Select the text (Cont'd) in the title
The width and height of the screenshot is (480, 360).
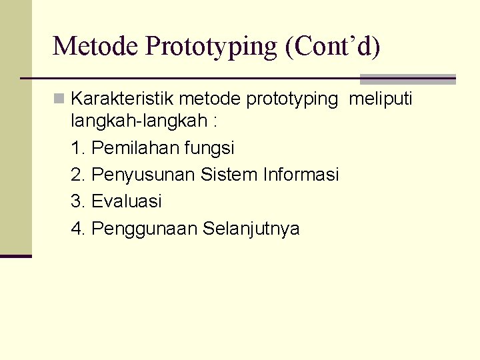pos(333,46)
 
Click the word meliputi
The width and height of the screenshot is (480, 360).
pos(381,99)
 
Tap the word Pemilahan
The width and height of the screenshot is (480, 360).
pos(135,147)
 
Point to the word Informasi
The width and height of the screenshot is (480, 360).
pos(301,175)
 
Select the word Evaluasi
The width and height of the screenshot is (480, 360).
pos(127,201)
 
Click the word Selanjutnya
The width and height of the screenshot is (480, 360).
pos(251,229)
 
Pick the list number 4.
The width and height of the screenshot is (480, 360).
pos(77,229)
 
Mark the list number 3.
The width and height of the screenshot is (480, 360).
pos(77,201)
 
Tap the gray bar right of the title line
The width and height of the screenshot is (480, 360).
pos(407,79)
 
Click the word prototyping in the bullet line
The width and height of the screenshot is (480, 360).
pos(292,99)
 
